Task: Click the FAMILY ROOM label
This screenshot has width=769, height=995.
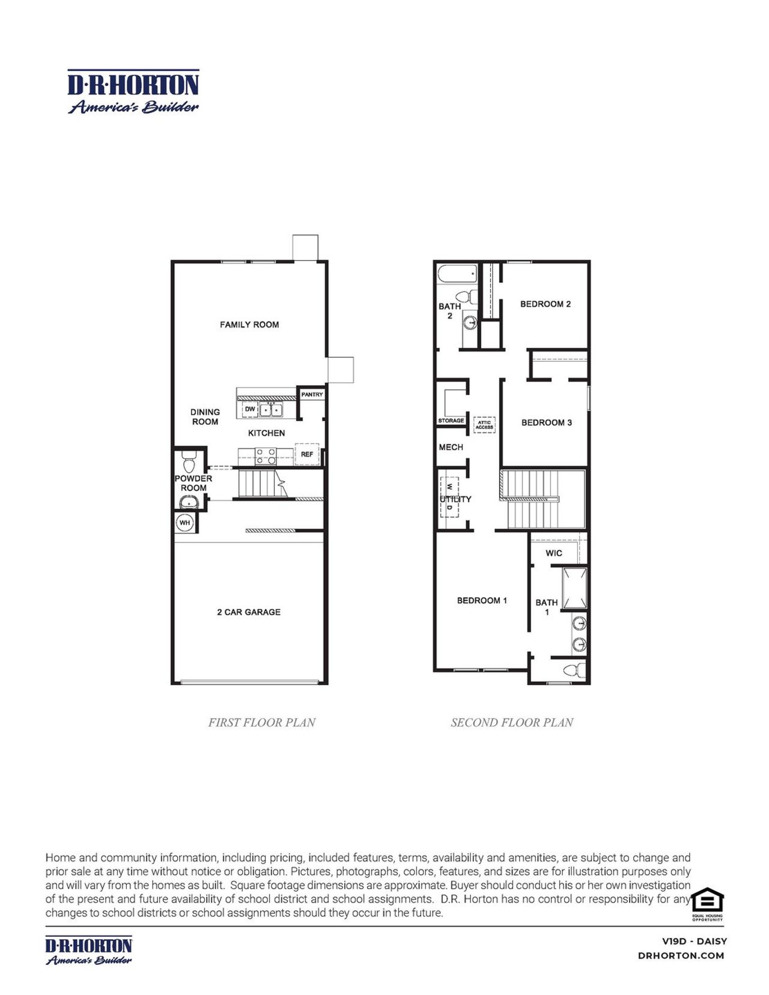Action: [x=249, y=324]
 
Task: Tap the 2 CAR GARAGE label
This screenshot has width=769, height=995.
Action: [x=249, y=612]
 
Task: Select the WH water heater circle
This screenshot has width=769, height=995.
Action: [x=184, y=523]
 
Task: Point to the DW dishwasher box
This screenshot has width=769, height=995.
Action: [x=250, y=409]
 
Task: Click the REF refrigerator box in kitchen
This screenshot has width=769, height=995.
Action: [x=307, y=454]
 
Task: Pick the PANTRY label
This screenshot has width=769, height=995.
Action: [x=312, y=395]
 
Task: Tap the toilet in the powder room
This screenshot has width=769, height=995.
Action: [x=189, y=464]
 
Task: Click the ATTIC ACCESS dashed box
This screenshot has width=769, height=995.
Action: [x=484, y=425]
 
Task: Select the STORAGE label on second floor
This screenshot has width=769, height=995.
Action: [x=451, y=421]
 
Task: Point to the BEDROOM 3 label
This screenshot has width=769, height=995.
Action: [x=546, y=422]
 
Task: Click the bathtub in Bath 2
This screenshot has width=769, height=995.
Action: [x=457, y=274]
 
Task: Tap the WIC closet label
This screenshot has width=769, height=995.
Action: [x=554, y=553]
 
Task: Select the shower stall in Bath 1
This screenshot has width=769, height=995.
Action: [x=574, y=588]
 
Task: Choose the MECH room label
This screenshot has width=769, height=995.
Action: [x=451, y=447]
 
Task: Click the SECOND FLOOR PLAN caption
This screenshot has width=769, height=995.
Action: [x=512, y=722]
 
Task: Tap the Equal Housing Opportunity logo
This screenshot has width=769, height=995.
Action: [x=707, y=903]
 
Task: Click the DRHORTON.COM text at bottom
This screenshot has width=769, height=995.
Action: [x=681, y=955]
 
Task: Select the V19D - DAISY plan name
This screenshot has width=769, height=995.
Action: [x=694, y=941]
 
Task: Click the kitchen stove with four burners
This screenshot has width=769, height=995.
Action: [x=266, y=457]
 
